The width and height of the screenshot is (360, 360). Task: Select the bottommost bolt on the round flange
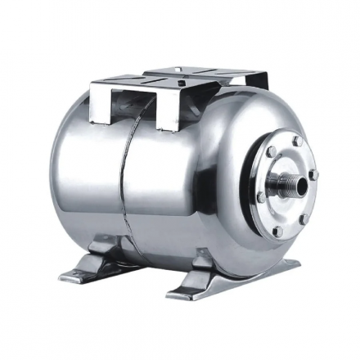[277, 232]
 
